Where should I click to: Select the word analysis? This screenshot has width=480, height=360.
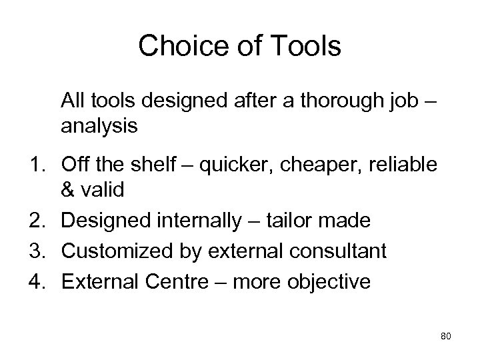pos(99,127)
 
